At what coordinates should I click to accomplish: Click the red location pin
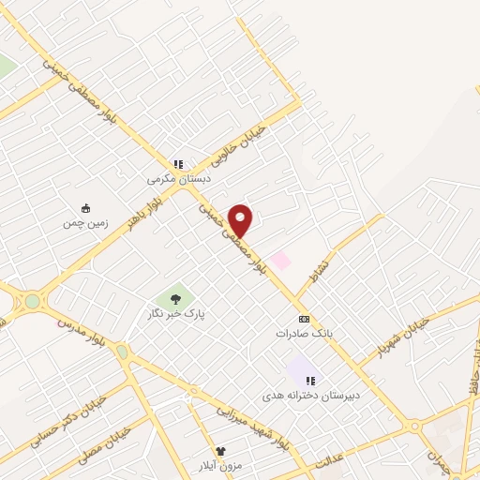[x=241, y=220]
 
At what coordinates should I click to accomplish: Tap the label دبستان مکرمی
[x=179, y=178]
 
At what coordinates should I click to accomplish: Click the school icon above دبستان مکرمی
[x=179, y=164]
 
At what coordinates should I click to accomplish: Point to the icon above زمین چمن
[x=86, y=208]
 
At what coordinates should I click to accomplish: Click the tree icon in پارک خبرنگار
[x=174, y=300]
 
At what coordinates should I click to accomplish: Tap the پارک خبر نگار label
[x=175, y=314]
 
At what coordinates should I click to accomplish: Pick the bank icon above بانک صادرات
[x=304, y=320]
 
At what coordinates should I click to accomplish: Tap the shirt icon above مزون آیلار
[x=221, y=451]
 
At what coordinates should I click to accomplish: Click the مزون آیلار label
[x=221, y=466]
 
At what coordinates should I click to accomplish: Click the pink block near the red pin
[x=279, y=259]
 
